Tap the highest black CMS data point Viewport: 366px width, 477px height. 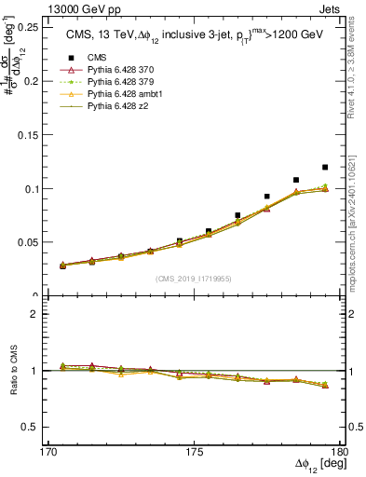coord(325,167)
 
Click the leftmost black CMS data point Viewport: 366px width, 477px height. coord(62,266)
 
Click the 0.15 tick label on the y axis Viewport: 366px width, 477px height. coord(32,134)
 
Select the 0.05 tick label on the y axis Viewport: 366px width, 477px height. coord(32,242)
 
